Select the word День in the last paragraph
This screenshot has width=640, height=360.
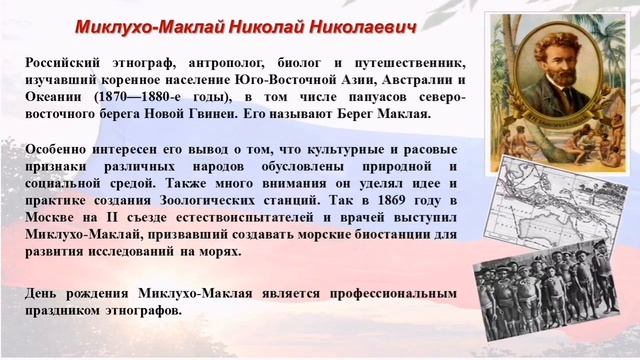click(x=46, y=294)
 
